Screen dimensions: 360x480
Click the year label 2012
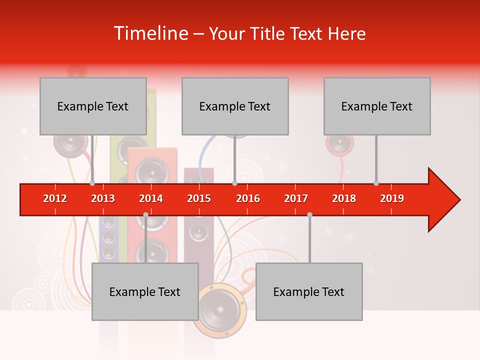tap(55, 198)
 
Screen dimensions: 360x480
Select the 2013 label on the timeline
tap(103, 198)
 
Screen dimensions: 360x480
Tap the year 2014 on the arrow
tap(151, 198)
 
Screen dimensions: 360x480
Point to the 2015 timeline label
tap(199, 198)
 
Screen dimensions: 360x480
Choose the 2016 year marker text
tap(248, 198)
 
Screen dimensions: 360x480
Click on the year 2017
tap(296, 198)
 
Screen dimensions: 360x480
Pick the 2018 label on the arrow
tap(344, 198)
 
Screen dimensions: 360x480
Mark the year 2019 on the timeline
tap(392, 198)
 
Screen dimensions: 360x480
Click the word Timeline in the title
tap(150, 33)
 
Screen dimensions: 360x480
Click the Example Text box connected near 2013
tap(93, 106)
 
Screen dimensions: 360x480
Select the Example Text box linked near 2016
tap(235, 106)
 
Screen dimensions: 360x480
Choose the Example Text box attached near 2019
tap(377, 106)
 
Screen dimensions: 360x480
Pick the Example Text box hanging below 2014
tap(145, 291)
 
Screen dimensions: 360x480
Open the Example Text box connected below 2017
tap(309, 291)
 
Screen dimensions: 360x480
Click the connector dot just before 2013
tap(92, 183)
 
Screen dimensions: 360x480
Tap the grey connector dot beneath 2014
tap(145, 214)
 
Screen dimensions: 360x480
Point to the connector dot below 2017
tap(309, 214)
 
